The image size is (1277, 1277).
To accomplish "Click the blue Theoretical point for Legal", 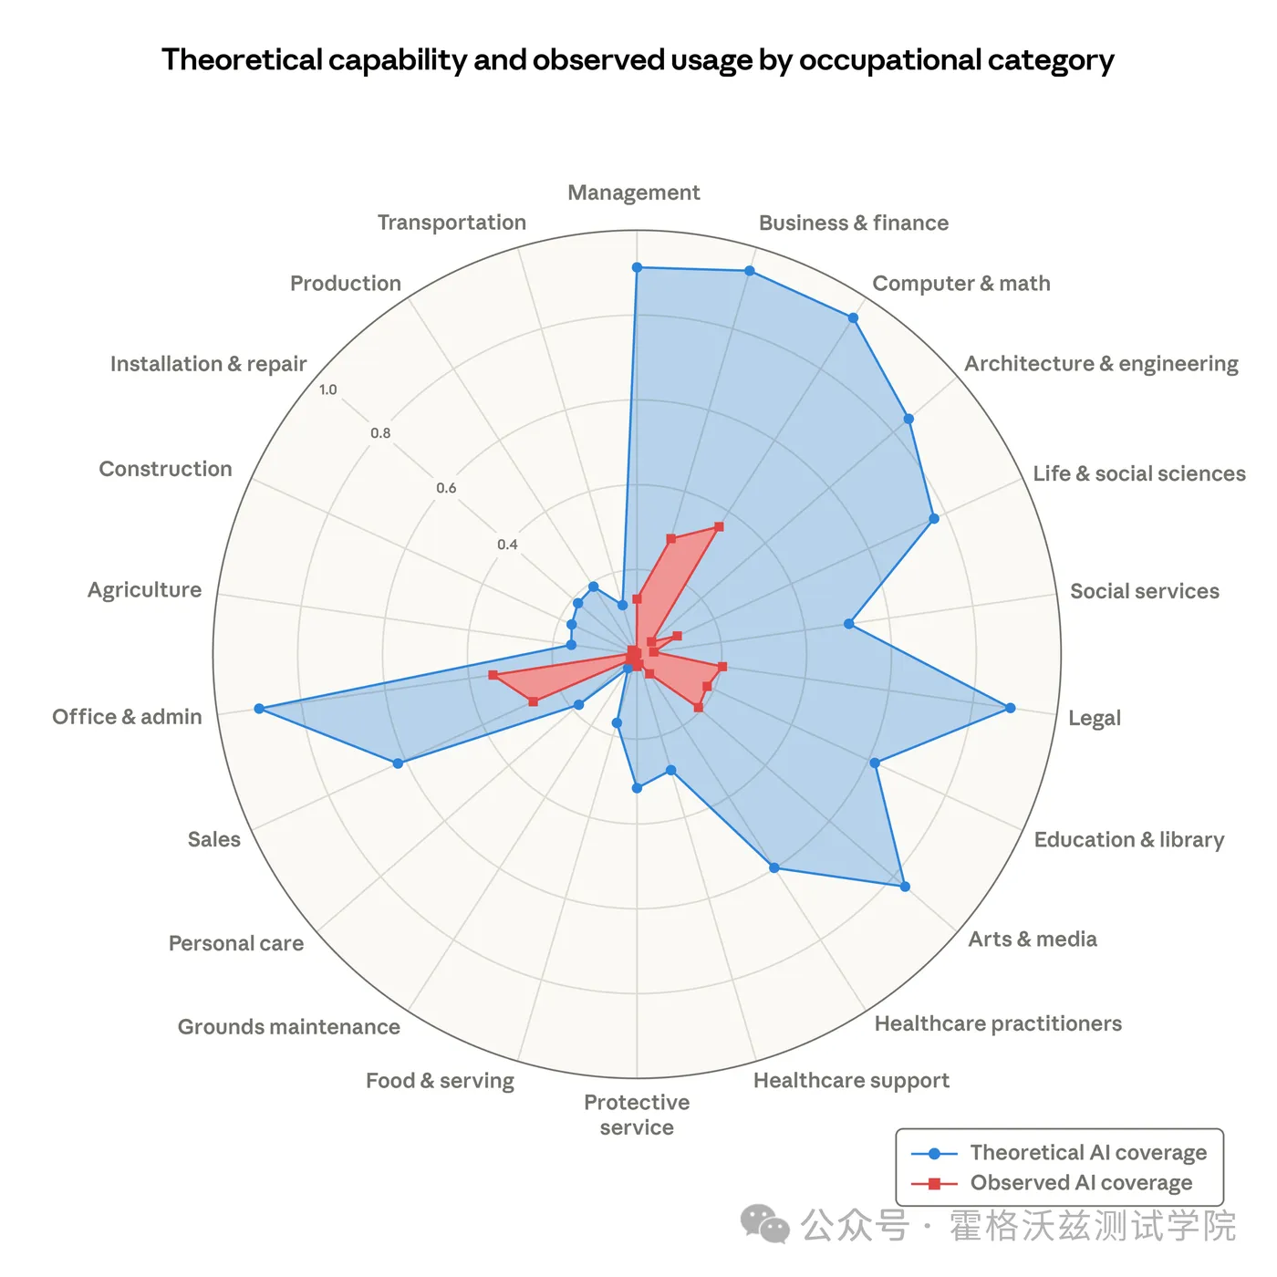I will click(x=1010, y=708).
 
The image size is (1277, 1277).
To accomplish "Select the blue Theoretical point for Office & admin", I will click(x=259, y=709).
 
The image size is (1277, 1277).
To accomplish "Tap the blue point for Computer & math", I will click(x=853, y=318).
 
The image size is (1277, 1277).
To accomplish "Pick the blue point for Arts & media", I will click(x=905, y=886).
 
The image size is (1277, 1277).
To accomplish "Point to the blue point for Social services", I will click(x=848, y=624).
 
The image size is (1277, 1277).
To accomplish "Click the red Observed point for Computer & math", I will click(x=719, y=526).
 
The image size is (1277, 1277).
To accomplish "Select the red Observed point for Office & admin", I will click(x=493, y=675).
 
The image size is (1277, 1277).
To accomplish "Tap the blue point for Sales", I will click(x=398, y=763).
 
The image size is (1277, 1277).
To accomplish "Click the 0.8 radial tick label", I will click(x=380, y=433).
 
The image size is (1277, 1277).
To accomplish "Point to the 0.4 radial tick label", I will click(x=507, y=545).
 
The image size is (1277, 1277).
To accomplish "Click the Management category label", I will click(x=633, y=192).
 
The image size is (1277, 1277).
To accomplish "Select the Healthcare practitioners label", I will click(x=998, y=1023).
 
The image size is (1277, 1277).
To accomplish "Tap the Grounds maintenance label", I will click(x=288, y=1027).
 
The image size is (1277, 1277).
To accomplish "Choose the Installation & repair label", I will click(x=208, y=364).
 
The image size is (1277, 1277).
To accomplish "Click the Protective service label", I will click(x=637, y=1115).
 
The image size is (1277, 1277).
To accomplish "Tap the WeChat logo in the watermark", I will click(x=764, y=1224).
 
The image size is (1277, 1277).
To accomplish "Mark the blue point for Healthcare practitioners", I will click(x=774, y=867).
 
